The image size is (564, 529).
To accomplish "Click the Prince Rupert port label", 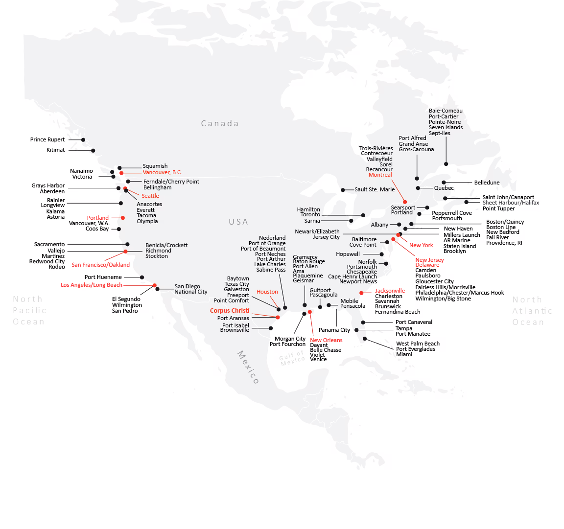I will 47,140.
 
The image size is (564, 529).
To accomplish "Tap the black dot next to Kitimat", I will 93,151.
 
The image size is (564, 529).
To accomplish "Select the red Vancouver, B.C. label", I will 162,173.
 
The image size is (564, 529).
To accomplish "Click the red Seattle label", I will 150,196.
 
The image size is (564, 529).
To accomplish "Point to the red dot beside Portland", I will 123,218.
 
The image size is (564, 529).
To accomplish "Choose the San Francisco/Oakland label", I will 100,265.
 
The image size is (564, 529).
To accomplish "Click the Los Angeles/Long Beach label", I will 92,285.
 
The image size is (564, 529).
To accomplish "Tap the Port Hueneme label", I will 103,277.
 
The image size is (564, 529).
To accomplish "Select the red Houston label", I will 267,292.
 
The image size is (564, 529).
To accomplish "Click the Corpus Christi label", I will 230,311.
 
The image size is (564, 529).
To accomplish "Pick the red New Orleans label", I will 326,340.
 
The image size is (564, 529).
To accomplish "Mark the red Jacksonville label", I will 390,291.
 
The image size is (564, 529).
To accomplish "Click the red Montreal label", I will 380,175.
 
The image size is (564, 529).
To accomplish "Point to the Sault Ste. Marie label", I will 375,189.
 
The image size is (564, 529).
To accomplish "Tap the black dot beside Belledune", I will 444,183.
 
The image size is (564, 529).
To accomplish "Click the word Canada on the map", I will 220,124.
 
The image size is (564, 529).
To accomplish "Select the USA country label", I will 238,222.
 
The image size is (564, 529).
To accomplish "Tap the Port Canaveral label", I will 414,322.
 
